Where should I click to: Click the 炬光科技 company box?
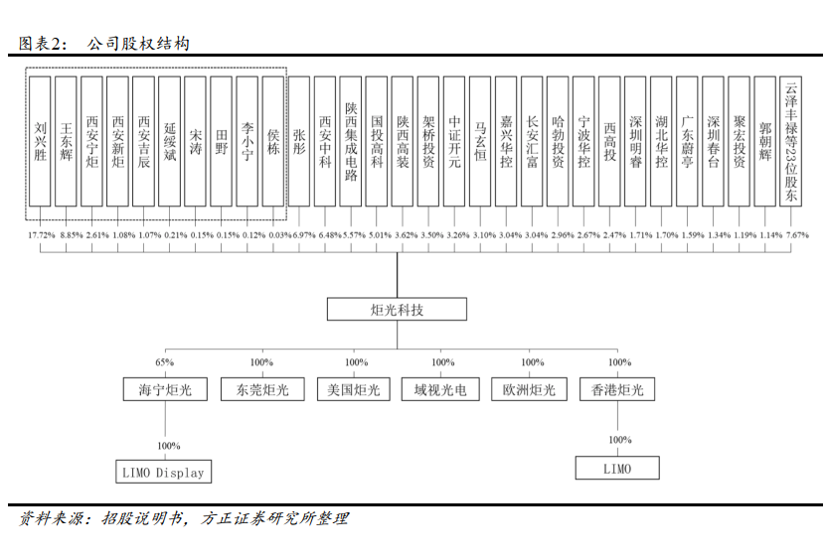(x=397, y=309)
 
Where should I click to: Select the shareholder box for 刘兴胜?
(x=40, y=141)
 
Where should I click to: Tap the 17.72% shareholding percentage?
(x=42, y=235)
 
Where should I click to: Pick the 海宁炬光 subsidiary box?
(x=165, y=389)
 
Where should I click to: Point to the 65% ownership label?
(x=164, y=362)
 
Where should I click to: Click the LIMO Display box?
(x=163, y=472)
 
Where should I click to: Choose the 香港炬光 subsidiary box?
(x=617, y=389)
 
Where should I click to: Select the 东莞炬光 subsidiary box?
(x=262, y=389)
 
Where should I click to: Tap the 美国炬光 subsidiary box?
(x=354, y=389)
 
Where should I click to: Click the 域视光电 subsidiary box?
(x=440, y=389)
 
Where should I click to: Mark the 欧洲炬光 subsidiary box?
(x=529, y=389)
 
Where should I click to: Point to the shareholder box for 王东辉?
(x=66, y=141)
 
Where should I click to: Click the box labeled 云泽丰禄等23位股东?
(x=790, y=141)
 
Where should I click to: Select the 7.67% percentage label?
(x=797, y=235)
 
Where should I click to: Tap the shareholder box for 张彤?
(x=298, y=141)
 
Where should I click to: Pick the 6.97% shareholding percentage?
(x=304, y=235)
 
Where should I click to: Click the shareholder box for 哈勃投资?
(x=558, y=141)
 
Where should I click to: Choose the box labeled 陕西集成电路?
(x=350, y=141)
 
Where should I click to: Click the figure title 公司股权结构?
(x=138, y=43)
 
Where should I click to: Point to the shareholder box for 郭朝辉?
(x=765, y=141)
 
